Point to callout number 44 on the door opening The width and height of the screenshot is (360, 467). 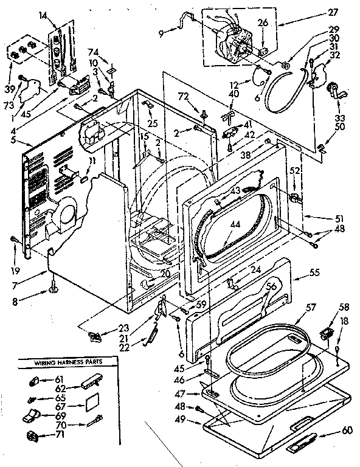tap(235, 225)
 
